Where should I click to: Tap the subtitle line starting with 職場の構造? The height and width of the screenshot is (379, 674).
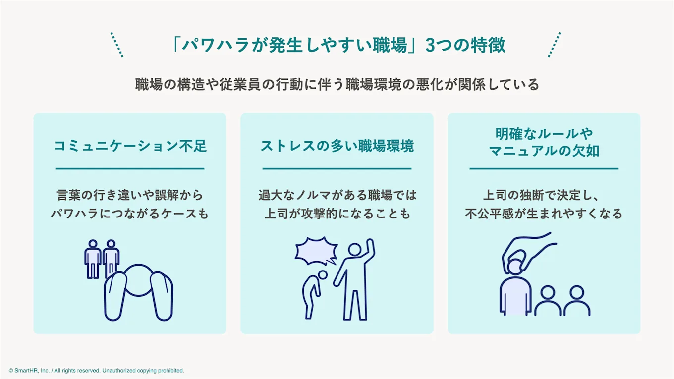tap(337, 85)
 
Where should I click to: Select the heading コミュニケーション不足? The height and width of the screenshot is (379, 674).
tap(130, 146)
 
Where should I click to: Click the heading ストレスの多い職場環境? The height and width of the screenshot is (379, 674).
tap(337, 146)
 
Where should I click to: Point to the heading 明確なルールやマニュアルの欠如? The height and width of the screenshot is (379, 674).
tap(544, 142)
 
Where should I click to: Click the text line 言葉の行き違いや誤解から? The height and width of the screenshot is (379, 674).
tap(130, 195)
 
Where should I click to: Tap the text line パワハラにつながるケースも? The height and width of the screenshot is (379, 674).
tap(130, 214)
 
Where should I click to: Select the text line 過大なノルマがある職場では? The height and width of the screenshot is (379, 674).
tap(337, 195)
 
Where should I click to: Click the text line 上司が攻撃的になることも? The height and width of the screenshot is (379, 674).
tap(337, 214)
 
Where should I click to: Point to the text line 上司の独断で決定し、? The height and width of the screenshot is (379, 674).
tap(544, 195)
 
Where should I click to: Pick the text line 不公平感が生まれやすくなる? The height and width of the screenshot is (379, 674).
tap(544, 214)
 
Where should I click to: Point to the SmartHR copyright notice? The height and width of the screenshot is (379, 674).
tap(96, 370)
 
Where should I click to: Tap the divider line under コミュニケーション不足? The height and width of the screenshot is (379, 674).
tap(130, 169)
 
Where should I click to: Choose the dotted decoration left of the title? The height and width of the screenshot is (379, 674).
tap(117, 45)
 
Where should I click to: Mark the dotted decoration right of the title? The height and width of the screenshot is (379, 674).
tap(555, 45)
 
